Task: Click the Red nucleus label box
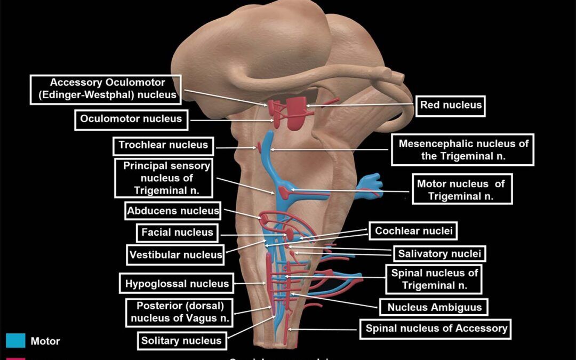click(x=451, y=105)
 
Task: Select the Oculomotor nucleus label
click(x=131, y=119)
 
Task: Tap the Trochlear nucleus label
click(x=163, y=145)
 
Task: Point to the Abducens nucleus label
click(x=173, y=211)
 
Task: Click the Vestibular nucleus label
click(x=175, y=255)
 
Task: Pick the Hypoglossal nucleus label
click(x=177, y=284)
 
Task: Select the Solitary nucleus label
click(x=181, y=341)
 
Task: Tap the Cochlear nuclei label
click(x=413, y=231)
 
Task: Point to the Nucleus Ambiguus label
click(x=434, y=307)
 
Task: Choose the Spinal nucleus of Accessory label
click(x=436, y=329)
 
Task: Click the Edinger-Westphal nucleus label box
click(x=106, y=89)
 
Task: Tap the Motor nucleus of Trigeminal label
click(x=461, y=189)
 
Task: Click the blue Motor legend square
click(x=15, y=341)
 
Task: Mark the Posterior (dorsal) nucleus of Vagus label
click(x=179, y=312)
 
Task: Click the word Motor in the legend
click(x=45, y=341)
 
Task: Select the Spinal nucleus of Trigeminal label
click(x=435, y=279)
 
